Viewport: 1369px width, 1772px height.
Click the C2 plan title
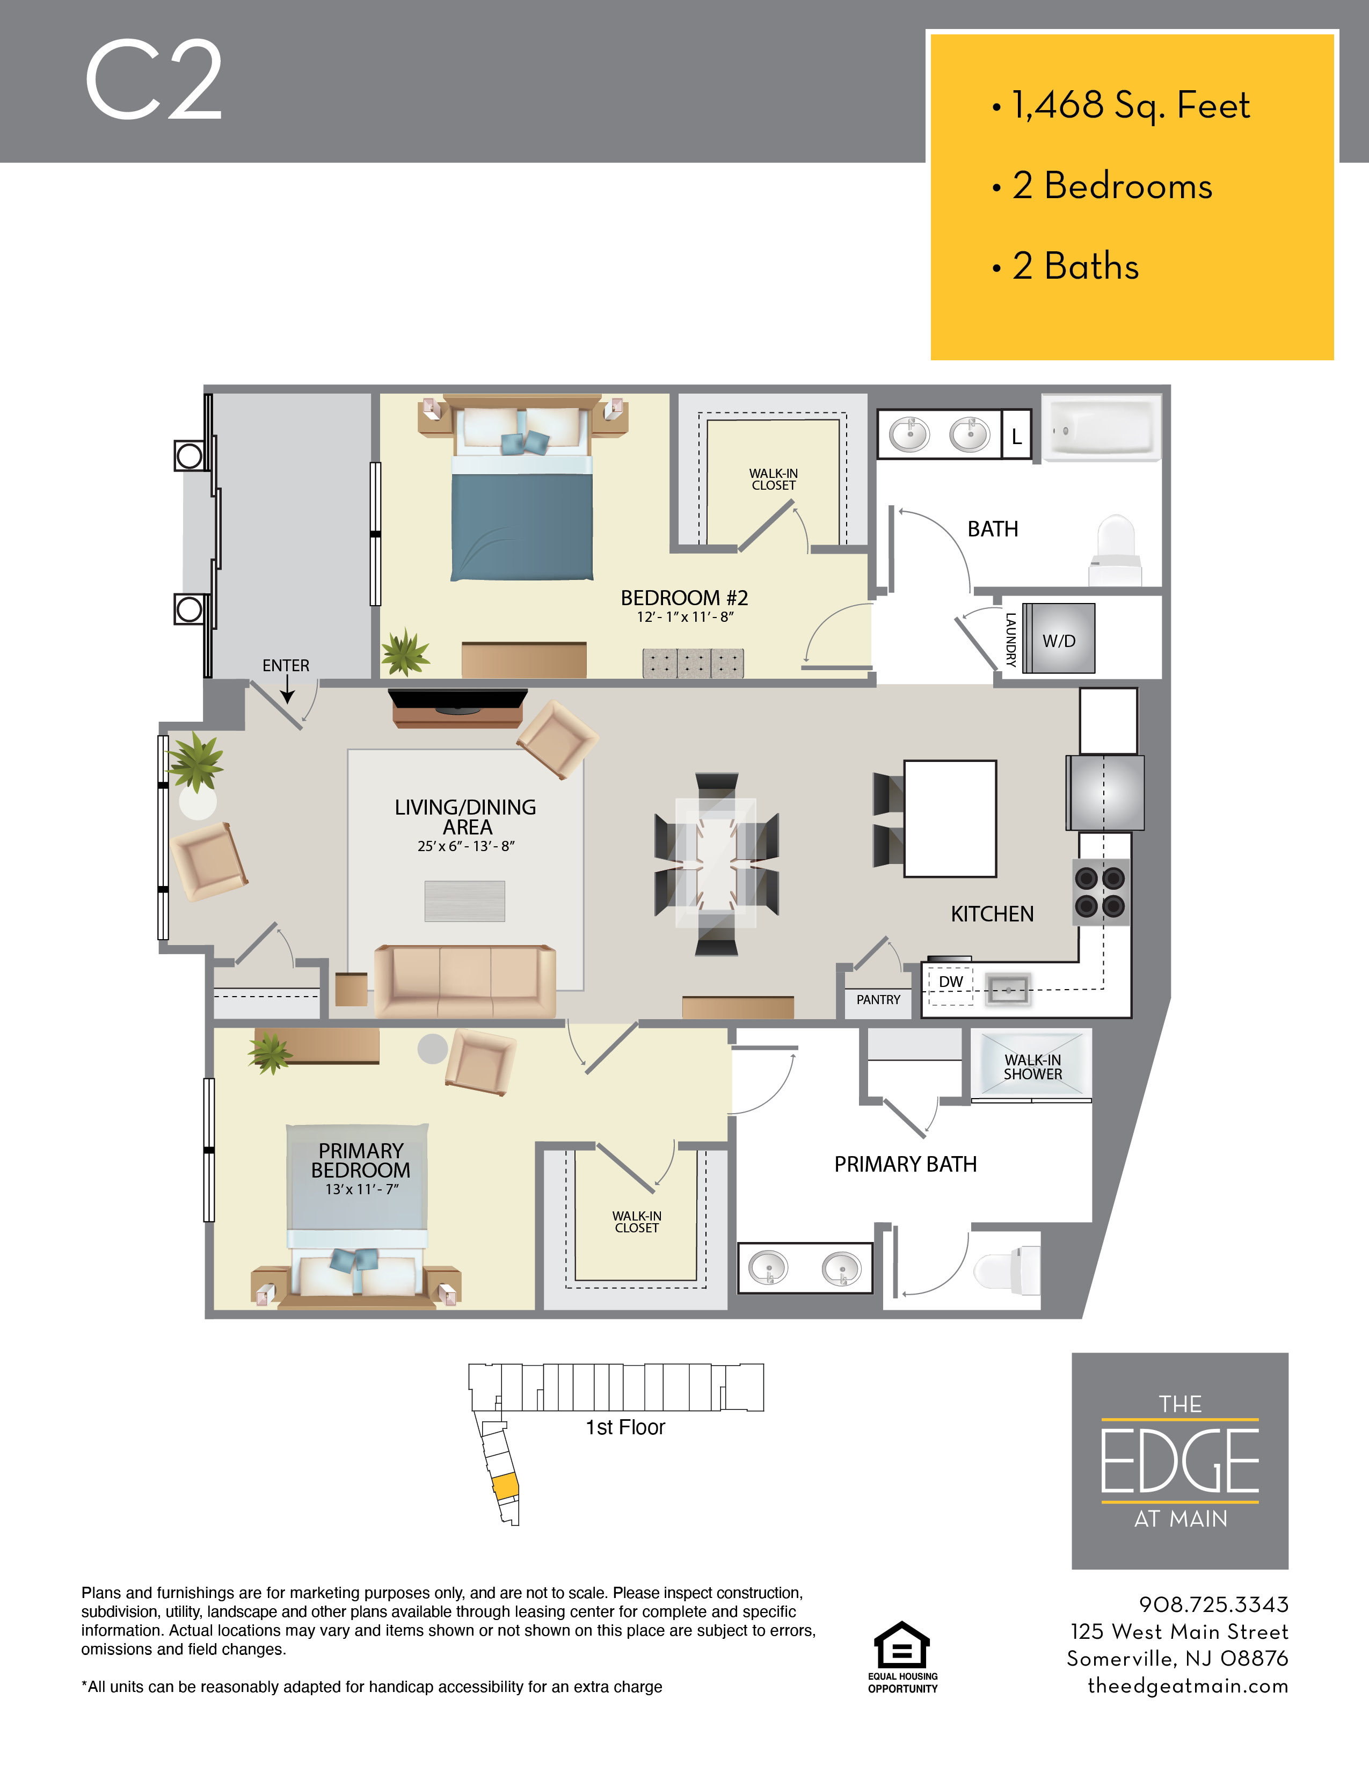(x=154, y=81)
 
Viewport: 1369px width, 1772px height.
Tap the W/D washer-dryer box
(x=1058, y=640)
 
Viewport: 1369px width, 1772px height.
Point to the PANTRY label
(x=878, y=1000)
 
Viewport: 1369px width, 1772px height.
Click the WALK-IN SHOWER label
(x=1032, y=1067)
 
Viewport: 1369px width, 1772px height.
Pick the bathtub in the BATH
(x=1101, y=429)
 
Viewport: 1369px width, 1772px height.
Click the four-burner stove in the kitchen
(x=1101, y=892)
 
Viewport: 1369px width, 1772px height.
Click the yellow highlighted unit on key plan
(x=505, y=1486)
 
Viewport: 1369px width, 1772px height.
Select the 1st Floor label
(x=625, y=1428)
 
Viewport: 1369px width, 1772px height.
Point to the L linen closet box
(x=1016, y=437)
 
